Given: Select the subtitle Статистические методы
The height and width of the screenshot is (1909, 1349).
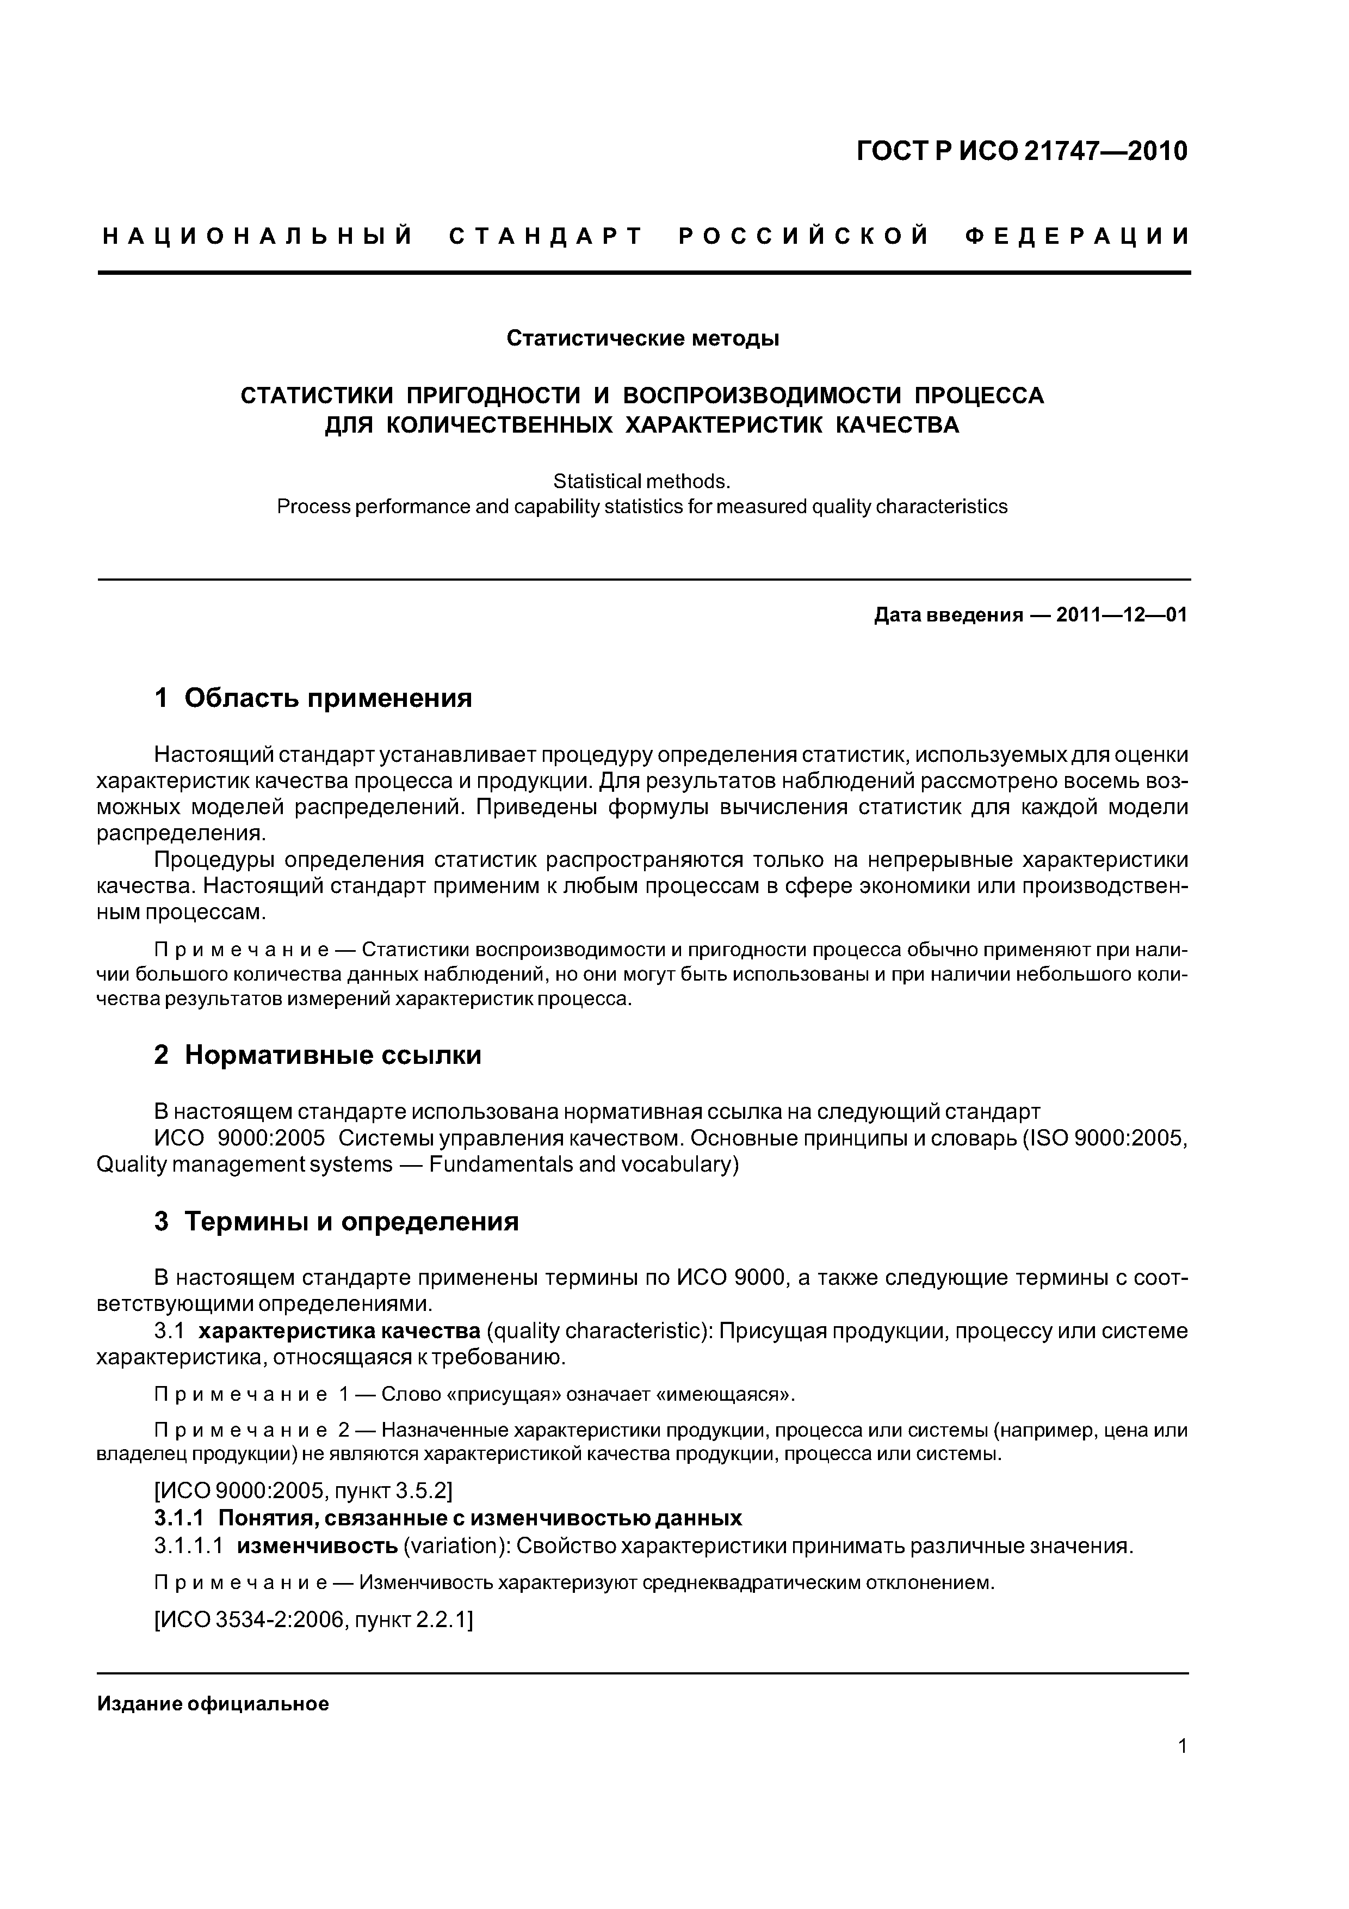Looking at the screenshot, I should (642, 339).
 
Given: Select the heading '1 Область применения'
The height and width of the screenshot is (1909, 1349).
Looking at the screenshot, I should (313, 698).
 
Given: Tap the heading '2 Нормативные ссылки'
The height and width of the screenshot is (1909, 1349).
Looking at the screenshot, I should (318, 1055).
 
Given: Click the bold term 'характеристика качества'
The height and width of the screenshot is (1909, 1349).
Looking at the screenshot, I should (339, 1331).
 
